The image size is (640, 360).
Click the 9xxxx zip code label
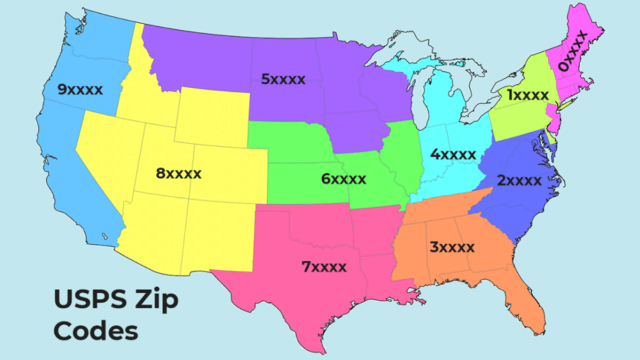(80, 90)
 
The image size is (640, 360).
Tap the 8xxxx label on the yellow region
(179, 173)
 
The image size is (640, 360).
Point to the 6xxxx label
(343, 179)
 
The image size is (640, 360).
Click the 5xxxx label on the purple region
(283, 79)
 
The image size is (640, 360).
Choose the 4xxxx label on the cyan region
(453, 155)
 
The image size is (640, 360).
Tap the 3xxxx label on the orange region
(452, 247)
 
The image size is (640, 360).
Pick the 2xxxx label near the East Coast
(519, 180)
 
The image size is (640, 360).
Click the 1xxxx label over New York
(527, 95)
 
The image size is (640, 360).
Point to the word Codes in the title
(96, 331)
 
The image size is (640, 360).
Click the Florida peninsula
(528, 304)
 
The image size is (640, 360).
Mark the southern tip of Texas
(320, 349)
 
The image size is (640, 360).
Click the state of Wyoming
(212, 117)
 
